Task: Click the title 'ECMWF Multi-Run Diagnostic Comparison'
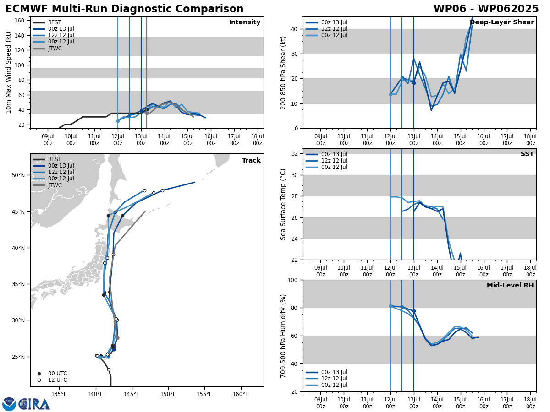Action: tap(125, 9)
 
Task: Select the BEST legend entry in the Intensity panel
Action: tap(55, 22)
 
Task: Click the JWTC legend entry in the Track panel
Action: tap(55, 185)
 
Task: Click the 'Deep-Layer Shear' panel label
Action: tap(501, 22)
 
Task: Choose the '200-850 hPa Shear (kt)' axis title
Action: tap(284, 72)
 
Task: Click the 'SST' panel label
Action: tap(527, 155)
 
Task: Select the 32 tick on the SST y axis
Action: tap(296, 154)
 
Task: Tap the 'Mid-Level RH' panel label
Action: tap(510, 286)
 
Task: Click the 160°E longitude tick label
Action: tap(241, 394)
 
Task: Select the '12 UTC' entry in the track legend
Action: tap(57, 380)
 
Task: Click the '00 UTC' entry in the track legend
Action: tap(57, 374)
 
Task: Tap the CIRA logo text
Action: tap(34, 404)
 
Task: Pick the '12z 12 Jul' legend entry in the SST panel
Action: tap(334, 161)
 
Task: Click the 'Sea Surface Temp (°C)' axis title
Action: tap(284, 204)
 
